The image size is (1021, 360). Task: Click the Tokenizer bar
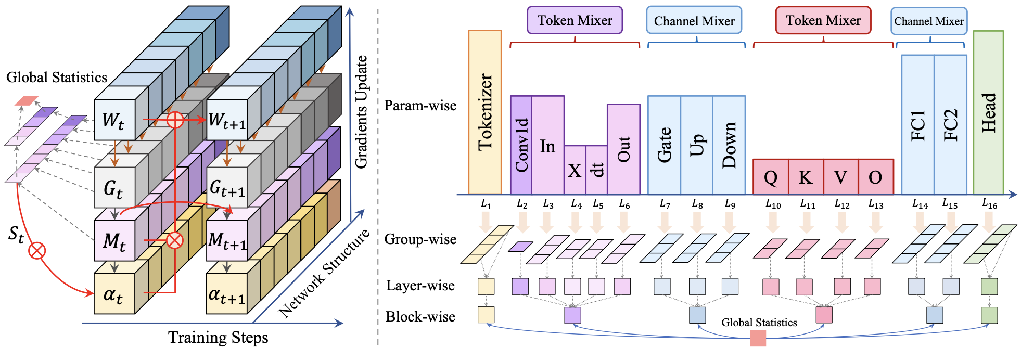click(484, 112)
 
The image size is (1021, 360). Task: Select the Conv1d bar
click(521, 145)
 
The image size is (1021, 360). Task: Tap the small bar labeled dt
click(596, 170)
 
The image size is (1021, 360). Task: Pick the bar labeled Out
click(623, 149)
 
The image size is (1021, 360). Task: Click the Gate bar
click(664, 145)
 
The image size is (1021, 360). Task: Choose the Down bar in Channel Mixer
click(729, 145)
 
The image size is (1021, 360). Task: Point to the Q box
click(771, 177)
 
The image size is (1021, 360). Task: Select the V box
click(840, 177)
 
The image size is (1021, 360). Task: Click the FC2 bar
click(950, 125)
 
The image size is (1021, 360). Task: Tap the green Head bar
click(988, 112)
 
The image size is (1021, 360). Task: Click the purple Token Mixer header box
click(575, 20)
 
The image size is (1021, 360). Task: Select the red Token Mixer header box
click(823, 20)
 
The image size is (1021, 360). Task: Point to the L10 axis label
click(773, 204)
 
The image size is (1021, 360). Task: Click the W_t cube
click(114, 120)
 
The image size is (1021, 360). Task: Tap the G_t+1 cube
click(227, 187)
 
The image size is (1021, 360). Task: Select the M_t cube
click(114, 241)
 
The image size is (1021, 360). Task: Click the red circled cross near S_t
click(36, 251)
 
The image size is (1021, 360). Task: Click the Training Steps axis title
click(218, 338)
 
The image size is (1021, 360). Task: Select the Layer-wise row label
click(420, 286)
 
